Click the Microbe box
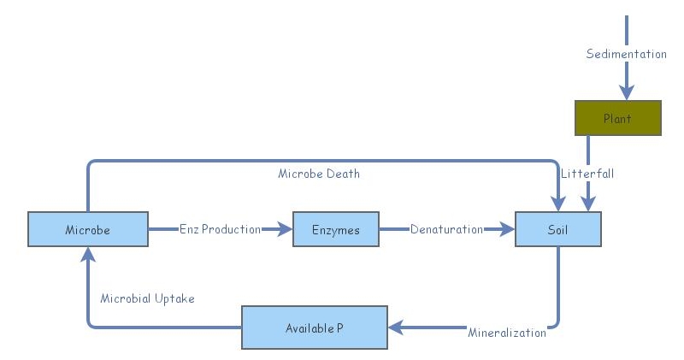[88, 230]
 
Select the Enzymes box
[336, 230]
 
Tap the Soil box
[557, 230]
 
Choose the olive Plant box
[617, 118]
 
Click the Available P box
[315, 328]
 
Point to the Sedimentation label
[626, 54]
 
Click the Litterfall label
[587, 174]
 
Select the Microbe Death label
[319, 174]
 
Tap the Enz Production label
[220, 230]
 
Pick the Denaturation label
[446, 230]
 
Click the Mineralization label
[506, 333]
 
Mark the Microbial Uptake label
[147, 298]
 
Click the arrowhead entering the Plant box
[628, 92]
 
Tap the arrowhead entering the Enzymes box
[285, 229]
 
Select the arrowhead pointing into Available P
[396, 327]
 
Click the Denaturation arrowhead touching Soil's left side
[507, 229]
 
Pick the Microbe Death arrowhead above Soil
[557, 204]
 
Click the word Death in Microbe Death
[343, 174]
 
